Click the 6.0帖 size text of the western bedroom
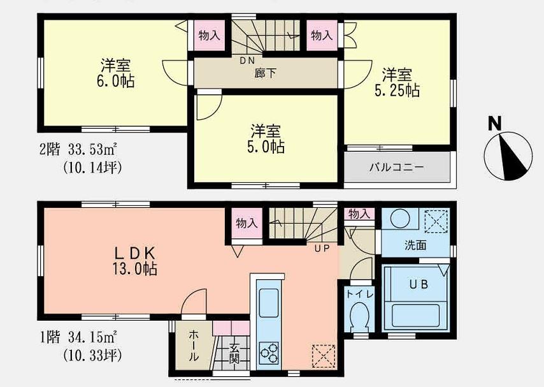[117, 82]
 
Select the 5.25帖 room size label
[397, 90]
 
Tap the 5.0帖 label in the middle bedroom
[266, 147]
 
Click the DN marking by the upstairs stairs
[247, 61]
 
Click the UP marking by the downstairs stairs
[322, 248]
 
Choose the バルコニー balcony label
[397, 168]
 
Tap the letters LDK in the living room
[132, 251]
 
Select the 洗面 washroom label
[415, 245]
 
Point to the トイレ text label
[360, 294]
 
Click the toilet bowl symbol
[360, 316]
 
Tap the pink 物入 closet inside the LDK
[247, 223]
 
